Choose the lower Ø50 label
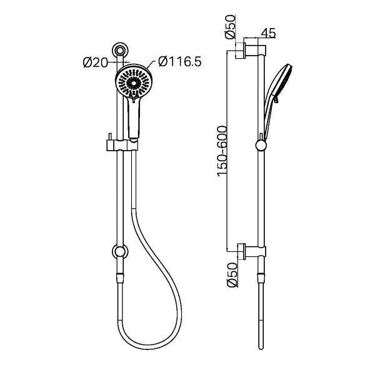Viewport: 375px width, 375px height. (230, 274)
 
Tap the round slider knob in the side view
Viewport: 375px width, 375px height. (260, 146)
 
